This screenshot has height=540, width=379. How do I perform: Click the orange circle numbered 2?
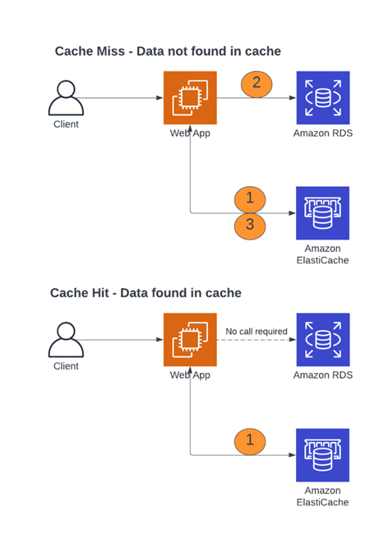click(x=257, y=84)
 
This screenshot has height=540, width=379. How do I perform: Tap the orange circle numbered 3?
click(x=250, y=226)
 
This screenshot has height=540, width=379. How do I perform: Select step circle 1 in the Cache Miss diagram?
click(x=250, y=199)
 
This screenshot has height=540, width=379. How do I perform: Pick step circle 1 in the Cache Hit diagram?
click(x=250, y=441)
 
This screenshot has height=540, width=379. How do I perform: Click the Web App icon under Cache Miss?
click(x=190, y=98)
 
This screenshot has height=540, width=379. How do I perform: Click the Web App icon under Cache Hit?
click(x=190, y=340)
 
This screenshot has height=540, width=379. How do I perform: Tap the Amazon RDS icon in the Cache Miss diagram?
click(x=323, y=98)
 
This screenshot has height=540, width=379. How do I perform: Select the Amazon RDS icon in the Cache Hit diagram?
click(x=323, y=340)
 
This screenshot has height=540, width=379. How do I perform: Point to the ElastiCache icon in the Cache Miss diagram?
click(x=322, y=213)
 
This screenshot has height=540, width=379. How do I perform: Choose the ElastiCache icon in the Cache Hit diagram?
click(x=322, y=455)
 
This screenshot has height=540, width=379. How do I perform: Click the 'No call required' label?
click(x=257, y=331)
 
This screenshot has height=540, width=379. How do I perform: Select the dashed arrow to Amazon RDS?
click(x=257, y=340)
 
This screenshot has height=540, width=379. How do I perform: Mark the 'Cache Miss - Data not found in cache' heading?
click(x=168, y=51)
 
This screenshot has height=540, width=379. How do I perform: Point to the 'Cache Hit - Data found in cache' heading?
click(x=146, y=293)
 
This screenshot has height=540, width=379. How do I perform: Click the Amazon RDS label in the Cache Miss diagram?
click(x=323, y=133)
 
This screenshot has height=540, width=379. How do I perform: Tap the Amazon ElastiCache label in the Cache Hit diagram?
click(x=322, y=496)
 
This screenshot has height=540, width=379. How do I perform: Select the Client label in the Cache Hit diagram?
click(x=66, y=366)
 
